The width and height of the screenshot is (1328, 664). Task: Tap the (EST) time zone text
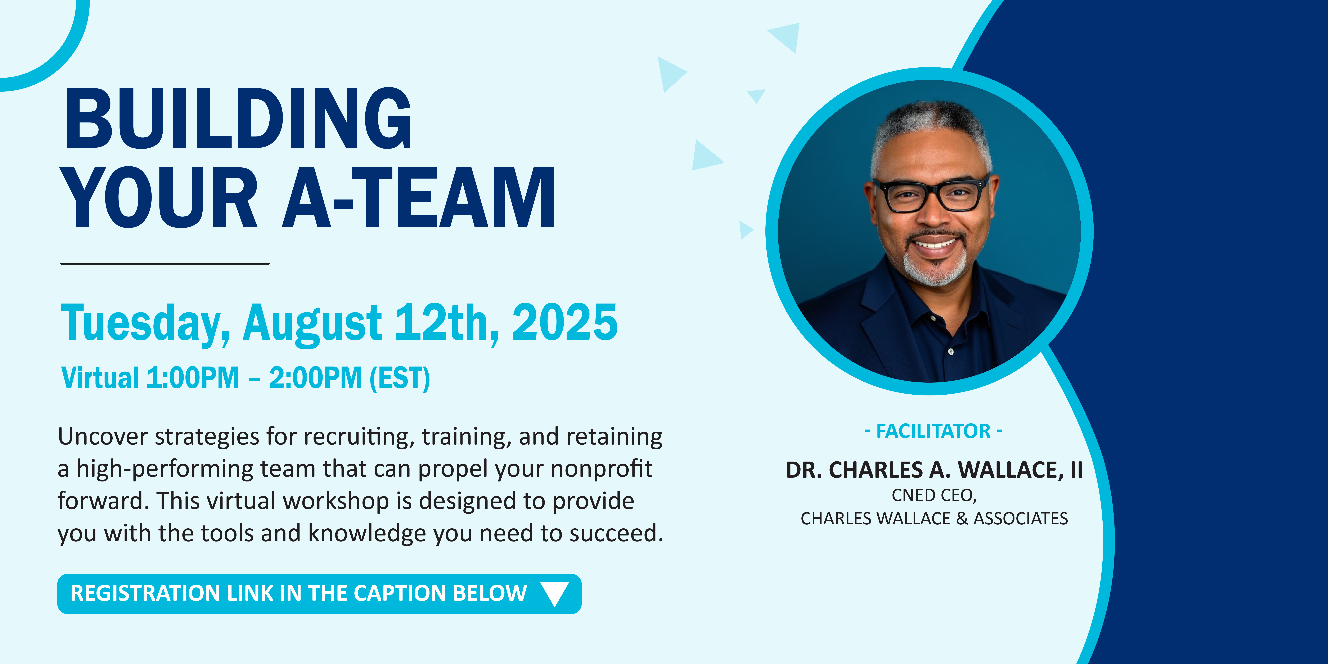click(x=400, y=378)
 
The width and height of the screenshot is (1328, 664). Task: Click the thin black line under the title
click(x=165, y=263)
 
